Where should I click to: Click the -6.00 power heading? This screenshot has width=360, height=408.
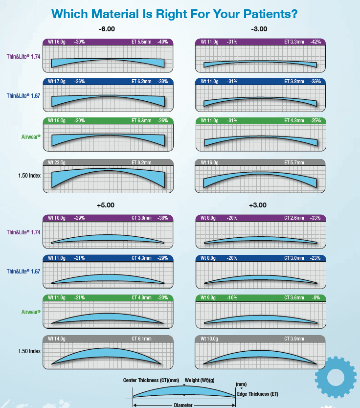(x=107, y=29)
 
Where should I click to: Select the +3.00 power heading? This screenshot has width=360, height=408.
(x=259, y=205)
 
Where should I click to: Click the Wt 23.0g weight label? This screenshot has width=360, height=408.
(x=57, y=163)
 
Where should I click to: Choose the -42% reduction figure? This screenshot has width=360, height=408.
(x=315, y=42)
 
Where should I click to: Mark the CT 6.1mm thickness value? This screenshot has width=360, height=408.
(x=141, y=339)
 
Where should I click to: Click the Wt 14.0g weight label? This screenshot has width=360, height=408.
(x=57, y=339)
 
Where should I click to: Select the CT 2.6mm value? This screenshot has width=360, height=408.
(x=294, y=218)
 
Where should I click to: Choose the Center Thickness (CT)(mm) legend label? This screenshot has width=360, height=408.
(x=152, y=380)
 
